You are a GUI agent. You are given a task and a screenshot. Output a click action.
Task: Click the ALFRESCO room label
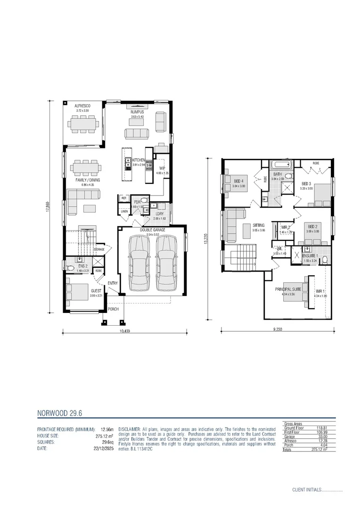tap(82, 107)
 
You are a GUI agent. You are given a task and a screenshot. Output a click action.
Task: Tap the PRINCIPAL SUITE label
tap(288, 288)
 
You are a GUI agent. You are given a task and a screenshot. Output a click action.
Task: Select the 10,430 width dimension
tap(124, 331)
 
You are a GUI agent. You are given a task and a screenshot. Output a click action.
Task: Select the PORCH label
tap(114, 309)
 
